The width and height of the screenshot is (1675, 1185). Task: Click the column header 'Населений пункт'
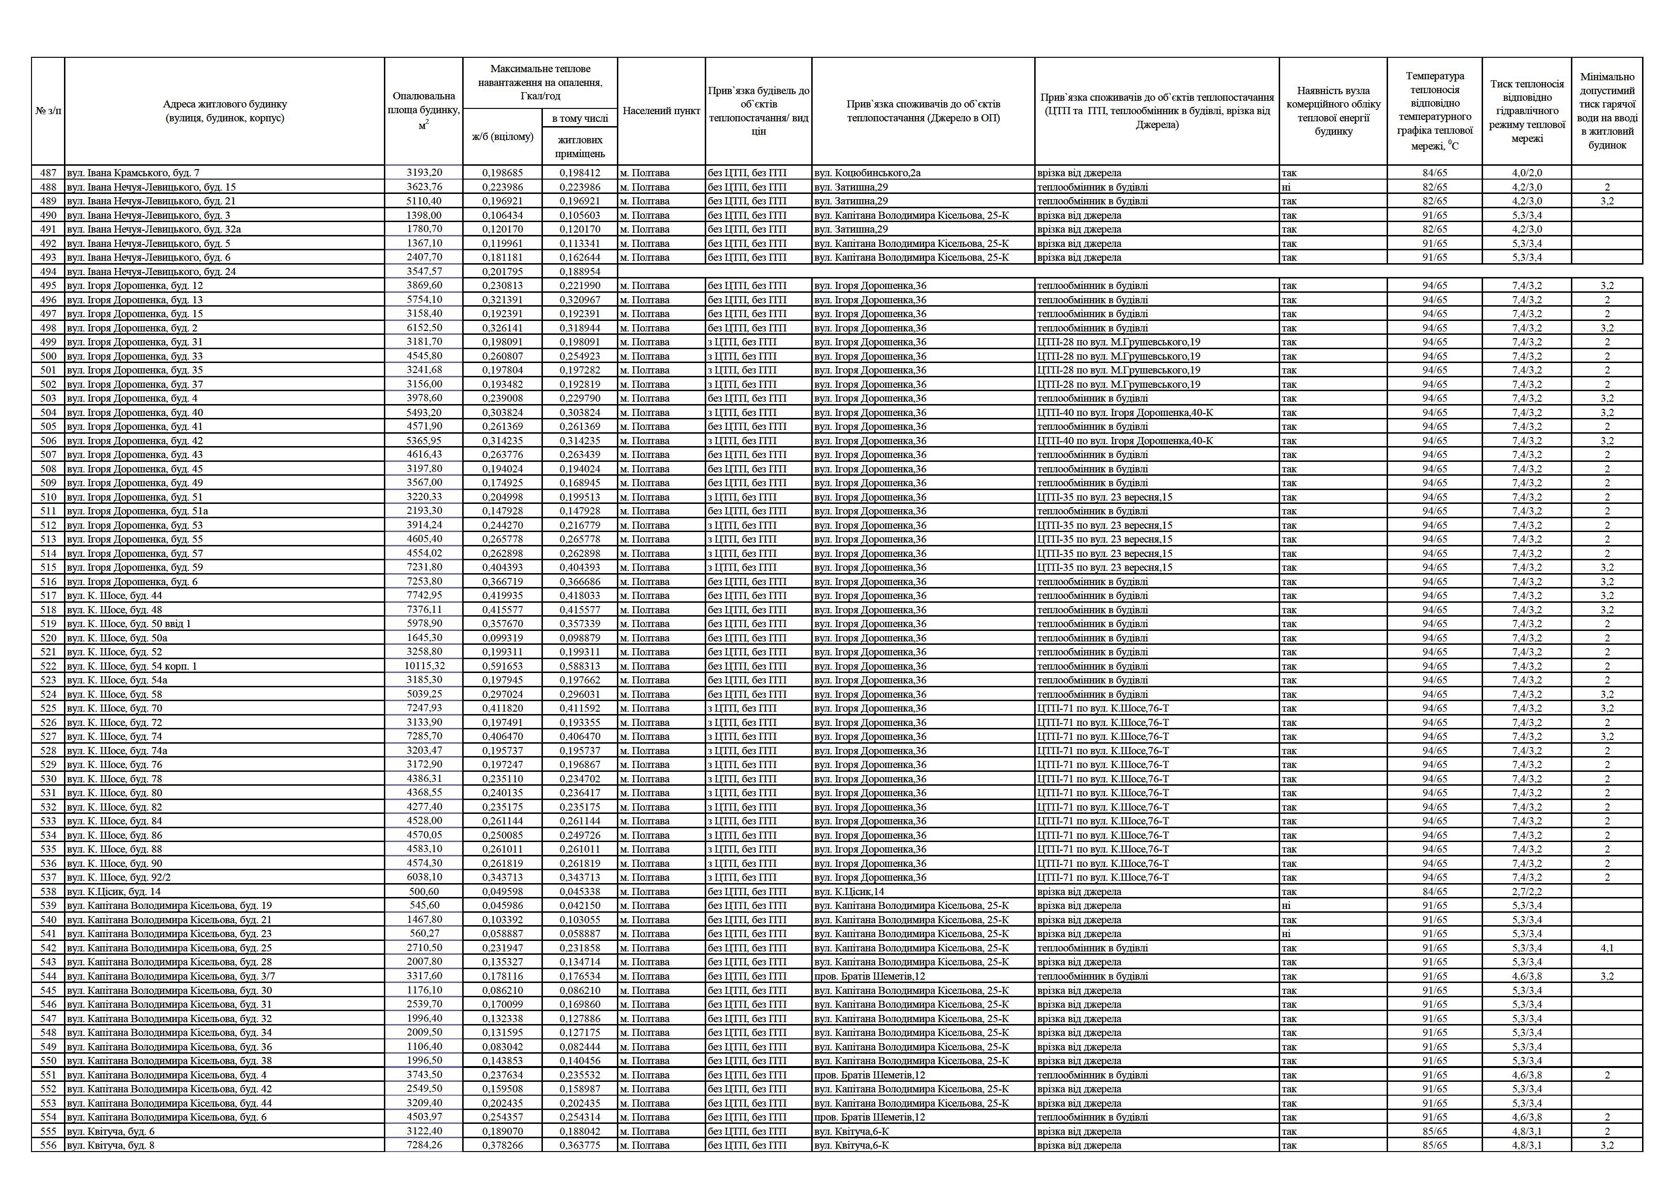pyautogui.click(x=661, y=111)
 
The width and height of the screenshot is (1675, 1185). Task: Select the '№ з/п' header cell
pyautogui.click(x=48, y=111)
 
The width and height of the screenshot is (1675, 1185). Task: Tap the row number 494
pyautogui.click(x=48, y=271)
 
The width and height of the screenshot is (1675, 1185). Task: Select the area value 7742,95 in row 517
pyautogui.click(x=424, y=596)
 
